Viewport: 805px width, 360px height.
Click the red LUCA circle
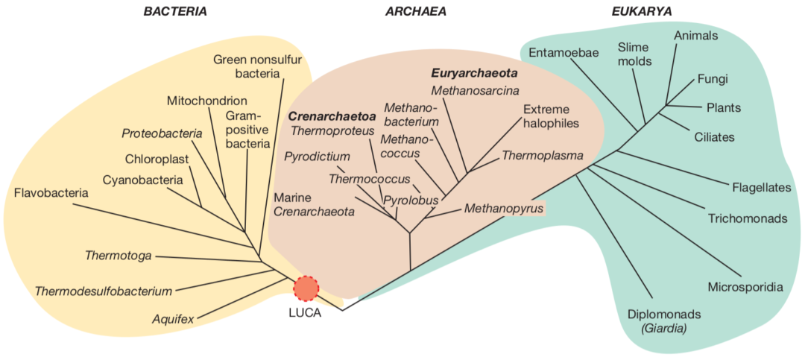point(306,288)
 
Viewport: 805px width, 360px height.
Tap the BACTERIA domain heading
point(175,11)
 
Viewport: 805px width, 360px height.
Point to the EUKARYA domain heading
point(642,11)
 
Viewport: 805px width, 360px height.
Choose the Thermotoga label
point(118,256)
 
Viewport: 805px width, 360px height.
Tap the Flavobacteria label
point(51,193)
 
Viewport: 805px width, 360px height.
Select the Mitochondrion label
point(206,100)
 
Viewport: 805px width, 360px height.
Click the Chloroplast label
point(157,159)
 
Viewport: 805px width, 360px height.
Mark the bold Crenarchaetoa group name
point(332,116)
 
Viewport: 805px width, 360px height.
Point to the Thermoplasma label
point(542,156)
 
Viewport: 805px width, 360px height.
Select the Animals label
point(695,35)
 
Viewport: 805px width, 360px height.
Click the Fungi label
point(713,78)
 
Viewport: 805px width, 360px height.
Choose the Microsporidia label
point(745,287)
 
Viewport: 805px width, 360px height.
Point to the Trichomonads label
point(748,218)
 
